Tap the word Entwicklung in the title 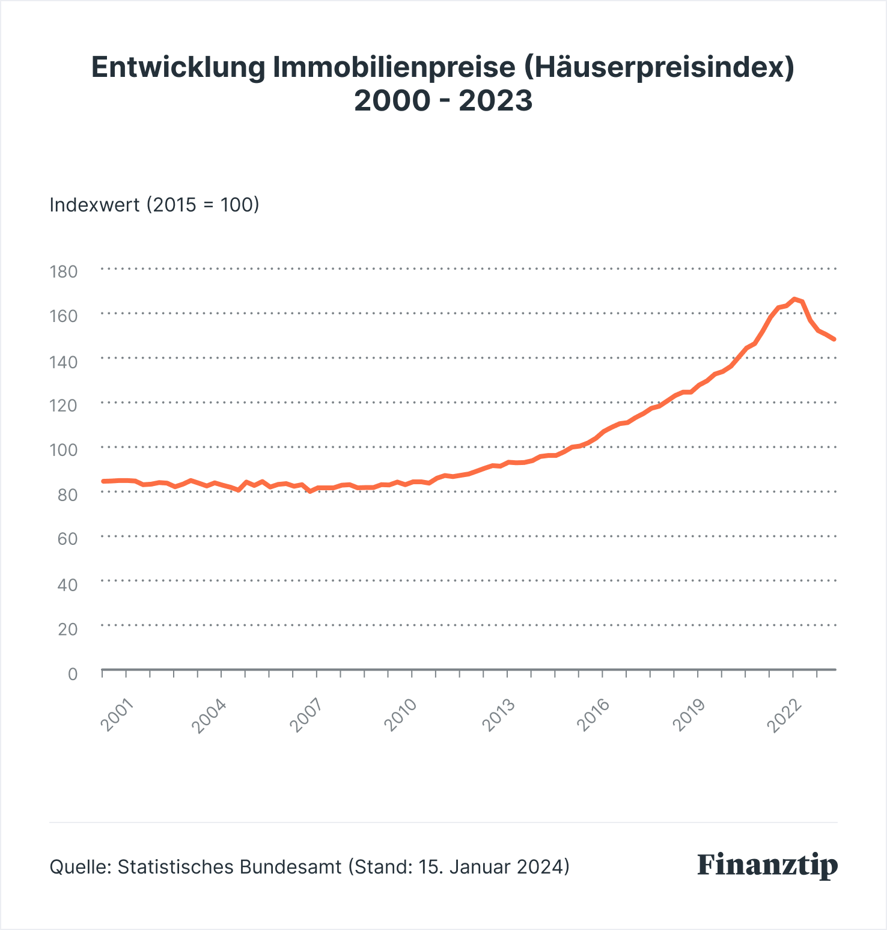coord(178,67)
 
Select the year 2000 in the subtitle coord(392,100)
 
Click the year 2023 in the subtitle coord(496,100)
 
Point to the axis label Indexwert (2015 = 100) coord(154,205)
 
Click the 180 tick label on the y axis coord(64,272)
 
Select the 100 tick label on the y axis coord(64,449)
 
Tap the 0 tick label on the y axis coord(73,673)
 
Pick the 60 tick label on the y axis coord(67,538)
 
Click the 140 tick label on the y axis coord(64,361)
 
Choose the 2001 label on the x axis coord(117,714)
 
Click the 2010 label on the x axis coord(401,714)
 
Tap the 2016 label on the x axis coord(593,714)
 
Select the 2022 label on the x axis coord(784,714)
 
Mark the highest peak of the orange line coord(794,299)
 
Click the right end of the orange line coord(834,339)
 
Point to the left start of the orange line coord(103,481)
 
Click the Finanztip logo coord(767,866)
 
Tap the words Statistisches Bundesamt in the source coord(230,866)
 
